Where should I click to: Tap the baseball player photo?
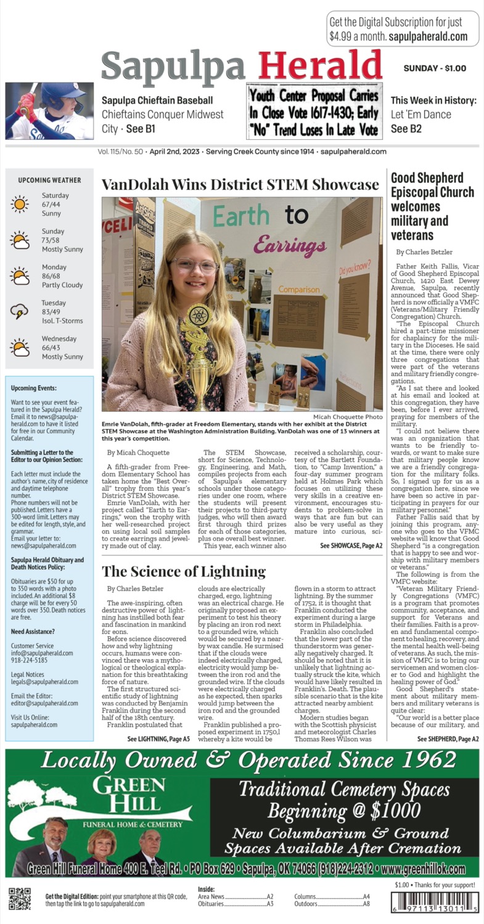point(49,111)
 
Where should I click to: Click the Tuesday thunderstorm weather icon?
point(19,312)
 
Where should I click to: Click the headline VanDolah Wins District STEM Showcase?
point(240,185)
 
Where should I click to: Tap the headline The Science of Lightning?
point(184,571)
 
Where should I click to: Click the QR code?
point(20,899)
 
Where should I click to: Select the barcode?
point(437,903)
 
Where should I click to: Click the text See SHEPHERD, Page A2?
point(448,739)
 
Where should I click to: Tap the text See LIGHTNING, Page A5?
point(158,739)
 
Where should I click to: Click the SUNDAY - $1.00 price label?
point(435,68)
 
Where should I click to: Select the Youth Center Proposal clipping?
point(314,111)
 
